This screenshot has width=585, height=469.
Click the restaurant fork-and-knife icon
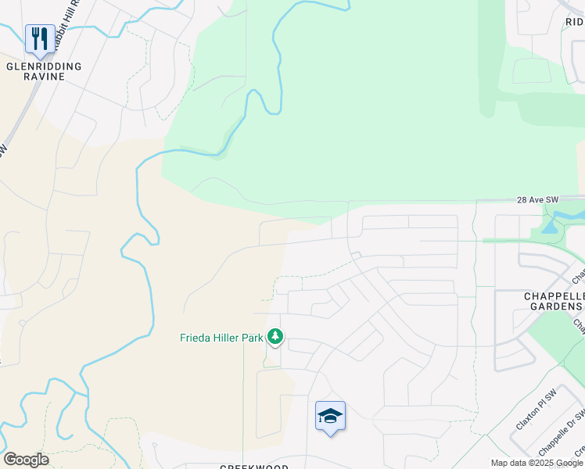tap(40, 38)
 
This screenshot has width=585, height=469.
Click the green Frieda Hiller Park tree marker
tap(275, 337)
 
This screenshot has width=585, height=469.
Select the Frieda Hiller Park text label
tap(221, 338)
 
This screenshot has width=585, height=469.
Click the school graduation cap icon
tap(330, 415)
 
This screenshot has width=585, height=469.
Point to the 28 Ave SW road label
tap(537, 200)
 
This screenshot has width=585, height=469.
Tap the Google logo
tap(26, 459)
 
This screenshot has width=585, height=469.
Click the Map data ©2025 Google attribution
tap(537, 463)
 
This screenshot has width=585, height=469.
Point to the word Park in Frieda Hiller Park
tap(251, 338)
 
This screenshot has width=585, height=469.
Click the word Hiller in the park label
tap(224, 338)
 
